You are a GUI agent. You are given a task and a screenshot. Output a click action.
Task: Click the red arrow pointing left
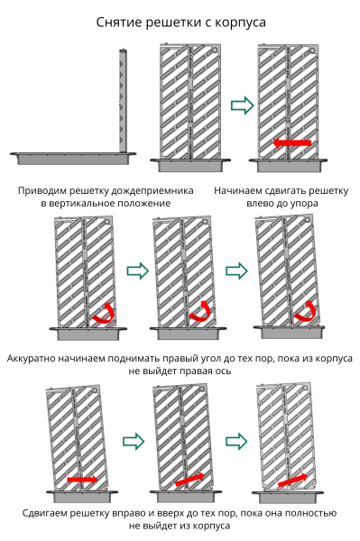[292, 142]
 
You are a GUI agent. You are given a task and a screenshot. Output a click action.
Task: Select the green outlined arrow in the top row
[242, 105]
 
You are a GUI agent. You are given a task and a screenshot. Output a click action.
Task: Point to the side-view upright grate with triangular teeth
[123, 101]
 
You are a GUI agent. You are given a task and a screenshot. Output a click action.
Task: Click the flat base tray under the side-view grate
[73, 158]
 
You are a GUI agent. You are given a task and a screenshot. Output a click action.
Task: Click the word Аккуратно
[31, 359]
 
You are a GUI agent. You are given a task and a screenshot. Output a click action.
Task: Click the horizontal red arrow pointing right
[82, 480]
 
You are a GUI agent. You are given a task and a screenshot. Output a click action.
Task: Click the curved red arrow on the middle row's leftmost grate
[104, 313]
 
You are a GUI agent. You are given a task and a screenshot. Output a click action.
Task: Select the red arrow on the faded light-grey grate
[292, 480]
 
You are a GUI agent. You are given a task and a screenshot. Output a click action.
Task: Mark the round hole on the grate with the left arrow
[312, 50]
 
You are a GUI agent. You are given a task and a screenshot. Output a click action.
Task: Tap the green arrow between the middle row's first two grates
[138, 270]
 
